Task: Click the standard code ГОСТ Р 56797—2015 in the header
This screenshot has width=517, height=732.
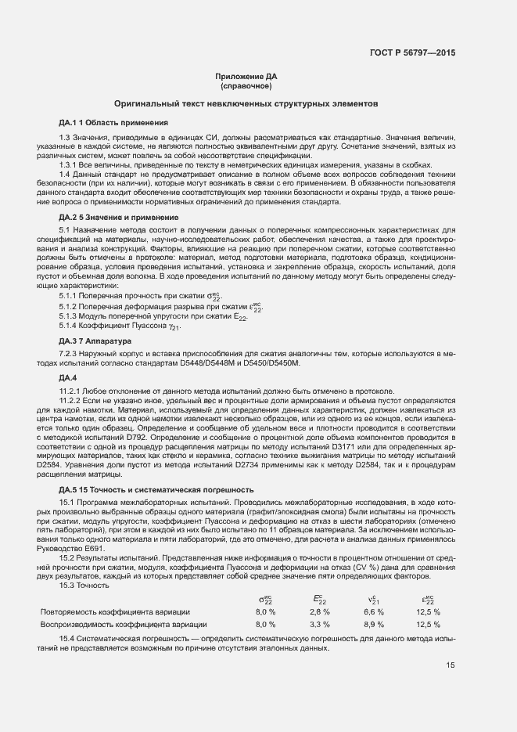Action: point(411,52)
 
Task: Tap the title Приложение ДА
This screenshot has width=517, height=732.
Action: point(246,76)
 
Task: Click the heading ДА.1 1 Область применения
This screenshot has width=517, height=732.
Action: point(113,123)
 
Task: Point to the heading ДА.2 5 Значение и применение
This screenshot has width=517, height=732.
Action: point(118,216)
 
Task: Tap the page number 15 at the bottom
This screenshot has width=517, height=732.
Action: point(450,666)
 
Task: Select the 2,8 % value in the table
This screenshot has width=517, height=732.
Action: point(319,589)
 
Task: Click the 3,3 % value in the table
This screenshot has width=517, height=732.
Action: point(319,603)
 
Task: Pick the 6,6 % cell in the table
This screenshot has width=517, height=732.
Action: point(373,589)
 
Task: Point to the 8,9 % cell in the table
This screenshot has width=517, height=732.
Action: point(373,603)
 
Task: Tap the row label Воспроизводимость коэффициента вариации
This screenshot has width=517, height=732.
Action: point(124,603)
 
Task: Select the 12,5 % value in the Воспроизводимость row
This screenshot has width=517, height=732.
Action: point(428,603)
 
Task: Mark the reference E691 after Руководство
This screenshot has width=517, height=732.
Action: point(93,548)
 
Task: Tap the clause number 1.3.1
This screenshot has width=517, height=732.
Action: point(68,165)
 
